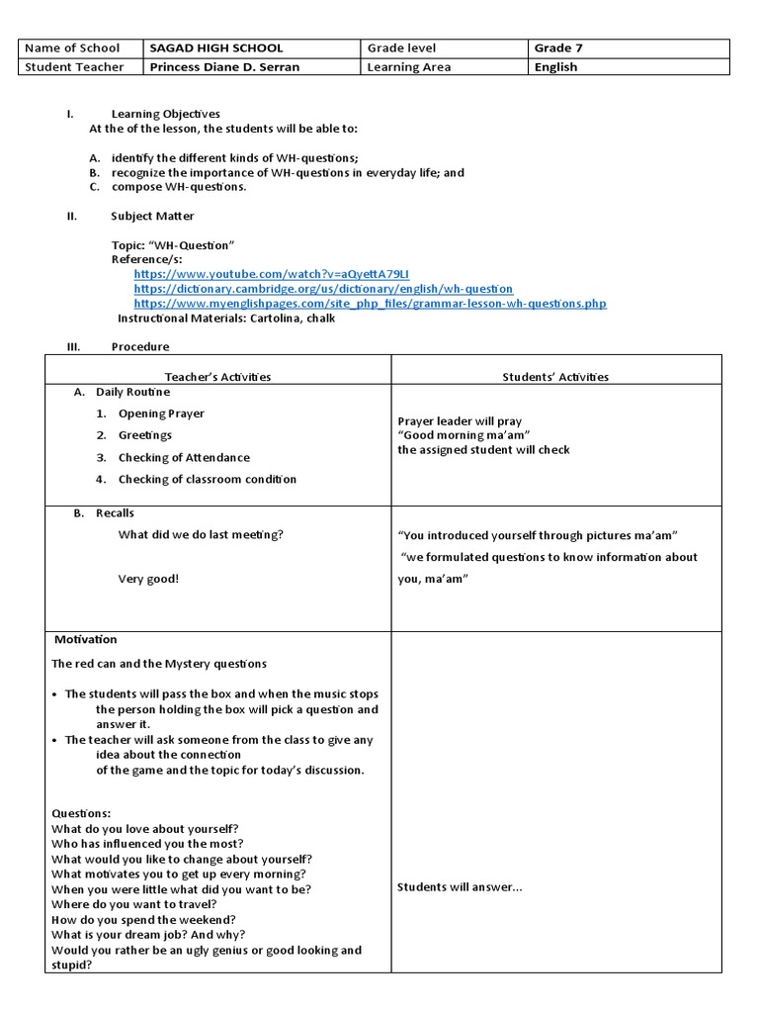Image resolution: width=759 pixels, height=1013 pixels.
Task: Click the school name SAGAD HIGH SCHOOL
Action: click(215, 47)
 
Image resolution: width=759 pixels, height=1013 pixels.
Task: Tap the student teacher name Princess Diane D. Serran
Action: click(223, 67)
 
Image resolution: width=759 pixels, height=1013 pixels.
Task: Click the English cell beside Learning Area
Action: click(555, 67)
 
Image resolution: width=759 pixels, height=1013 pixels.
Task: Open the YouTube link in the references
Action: click(271, 273)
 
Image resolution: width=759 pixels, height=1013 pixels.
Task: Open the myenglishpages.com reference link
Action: click(370, 303)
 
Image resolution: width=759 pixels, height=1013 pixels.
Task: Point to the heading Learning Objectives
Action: click(165, 114)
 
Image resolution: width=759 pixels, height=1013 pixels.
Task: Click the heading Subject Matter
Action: click(152, 216)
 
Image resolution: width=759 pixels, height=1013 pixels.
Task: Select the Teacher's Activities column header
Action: click(217, 377)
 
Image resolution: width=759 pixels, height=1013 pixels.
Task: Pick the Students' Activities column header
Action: click(555, 377)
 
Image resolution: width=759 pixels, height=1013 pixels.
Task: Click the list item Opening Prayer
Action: click(161, 414)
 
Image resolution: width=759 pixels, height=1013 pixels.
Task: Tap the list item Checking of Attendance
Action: click(184, 457)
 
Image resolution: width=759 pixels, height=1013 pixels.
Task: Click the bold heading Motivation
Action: click(86, 639)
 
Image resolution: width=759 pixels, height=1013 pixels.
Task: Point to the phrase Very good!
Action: click(148, 579)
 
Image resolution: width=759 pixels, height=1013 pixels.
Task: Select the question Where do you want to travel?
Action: click(134, 904)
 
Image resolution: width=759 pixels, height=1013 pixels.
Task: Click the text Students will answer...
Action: click(460, 886)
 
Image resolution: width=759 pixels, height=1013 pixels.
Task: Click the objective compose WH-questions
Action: click(179, 187)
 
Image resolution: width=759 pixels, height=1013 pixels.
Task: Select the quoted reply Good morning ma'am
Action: click(464, 435)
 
